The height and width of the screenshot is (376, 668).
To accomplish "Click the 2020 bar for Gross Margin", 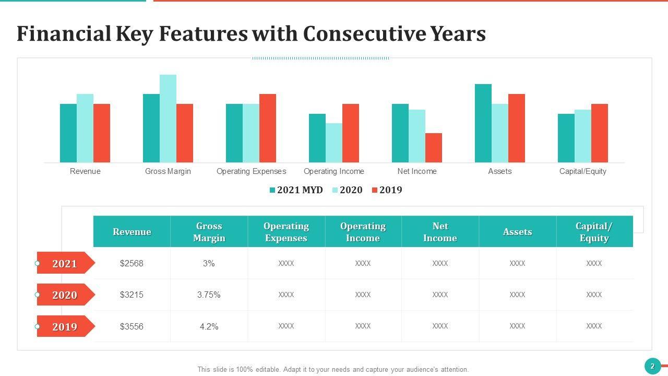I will point(168,119).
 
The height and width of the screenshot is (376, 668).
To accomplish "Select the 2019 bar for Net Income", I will point(434,148).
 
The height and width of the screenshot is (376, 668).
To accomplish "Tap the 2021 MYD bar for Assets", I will point(483,123).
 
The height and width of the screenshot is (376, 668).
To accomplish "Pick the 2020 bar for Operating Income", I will point(334,143).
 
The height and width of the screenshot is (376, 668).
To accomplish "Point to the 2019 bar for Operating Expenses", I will point(268,128).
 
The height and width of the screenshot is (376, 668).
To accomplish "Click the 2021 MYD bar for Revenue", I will point(68,133).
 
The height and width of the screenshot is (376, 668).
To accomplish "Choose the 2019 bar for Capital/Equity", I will point(600,133).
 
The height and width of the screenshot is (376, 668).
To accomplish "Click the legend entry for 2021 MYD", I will point(296,190).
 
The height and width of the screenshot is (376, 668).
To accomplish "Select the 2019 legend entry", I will point(387,190).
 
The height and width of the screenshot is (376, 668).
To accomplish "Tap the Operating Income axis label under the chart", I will point(334,171).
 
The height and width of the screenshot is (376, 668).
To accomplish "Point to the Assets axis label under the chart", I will point(500,171).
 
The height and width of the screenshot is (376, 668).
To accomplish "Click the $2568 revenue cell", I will point(132,263).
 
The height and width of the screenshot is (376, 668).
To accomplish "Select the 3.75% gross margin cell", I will point(209,295).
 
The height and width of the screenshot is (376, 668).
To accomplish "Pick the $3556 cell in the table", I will point(132,326).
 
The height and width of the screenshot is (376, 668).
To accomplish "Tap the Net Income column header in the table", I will point(440,232).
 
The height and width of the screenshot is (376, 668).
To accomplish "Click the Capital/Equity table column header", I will point(594,232).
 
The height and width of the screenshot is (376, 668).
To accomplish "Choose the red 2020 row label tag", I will point(65,295).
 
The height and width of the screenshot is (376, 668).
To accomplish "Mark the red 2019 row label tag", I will point(65,327).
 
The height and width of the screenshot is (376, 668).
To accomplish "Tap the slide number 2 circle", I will point(652,366).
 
